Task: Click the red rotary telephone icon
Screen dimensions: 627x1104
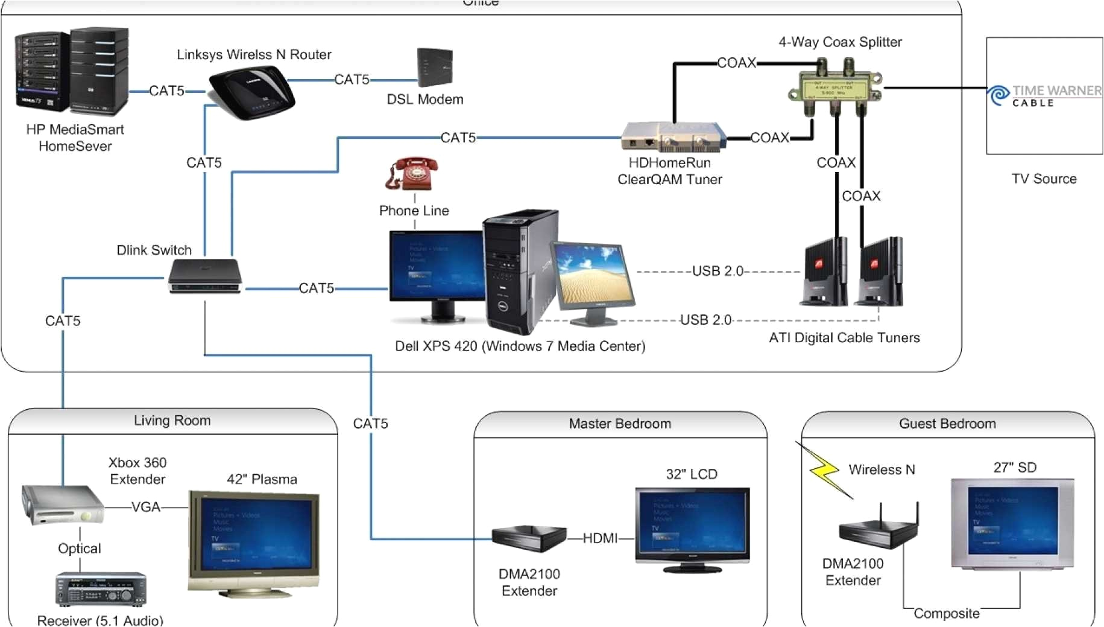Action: (x=413, y=174)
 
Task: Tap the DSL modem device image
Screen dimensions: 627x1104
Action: (x=434, y=68)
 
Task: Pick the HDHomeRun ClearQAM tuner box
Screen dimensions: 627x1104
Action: (x=672, y=138)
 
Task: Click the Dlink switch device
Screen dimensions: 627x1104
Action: (x=205, y=276)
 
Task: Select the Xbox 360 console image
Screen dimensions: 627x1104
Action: (x=62, y=504)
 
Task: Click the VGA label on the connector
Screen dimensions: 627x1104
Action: (x=146, y=508)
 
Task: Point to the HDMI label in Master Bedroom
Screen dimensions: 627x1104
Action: (x=600, y=538)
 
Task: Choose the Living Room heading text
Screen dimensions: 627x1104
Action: (x=172, y=421)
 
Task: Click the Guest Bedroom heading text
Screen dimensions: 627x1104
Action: (x=947, y=424)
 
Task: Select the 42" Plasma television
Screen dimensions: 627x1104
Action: (x=254, y=541)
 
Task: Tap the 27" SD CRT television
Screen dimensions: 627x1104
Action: (x=1012, y=523)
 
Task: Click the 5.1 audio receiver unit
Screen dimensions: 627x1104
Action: (x=101, y=589)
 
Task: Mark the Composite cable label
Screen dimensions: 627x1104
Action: (x=946, y=614)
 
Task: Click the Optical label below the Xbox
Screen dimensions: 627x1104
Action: (x=79, y=549)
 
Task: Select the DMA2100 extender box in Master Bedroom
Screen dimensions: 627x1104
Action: (x=528, y=538)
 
